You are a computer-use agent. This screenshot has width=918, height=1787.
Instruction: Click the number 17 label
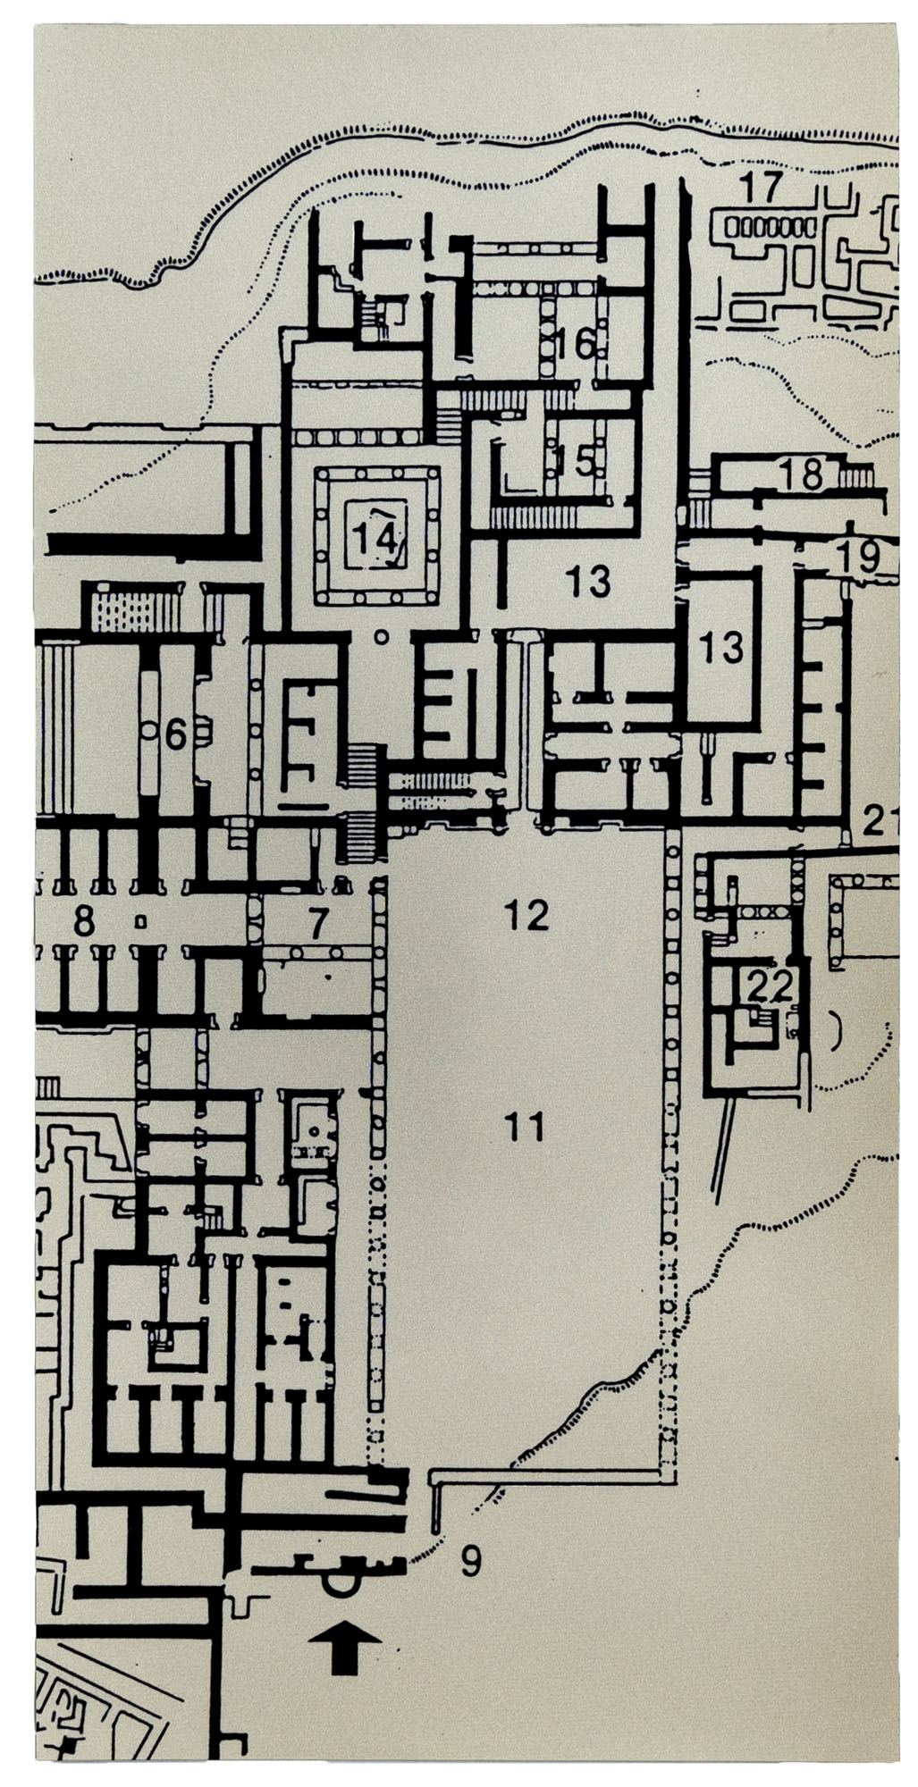(761, 188)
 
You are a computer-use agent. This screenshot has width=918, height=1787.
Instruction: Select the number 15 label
(573, 461)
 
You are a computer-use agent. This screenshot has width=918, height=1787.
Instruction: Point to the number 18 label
(800, 474)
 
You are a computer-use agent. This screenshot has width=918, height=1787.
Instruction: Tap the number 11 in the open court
(524, 1128)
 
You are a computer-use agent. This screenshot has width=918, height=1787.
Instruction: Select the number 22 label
(771, 986)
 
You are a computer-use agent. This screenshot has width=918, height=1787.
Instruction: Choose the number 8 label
(83, 921)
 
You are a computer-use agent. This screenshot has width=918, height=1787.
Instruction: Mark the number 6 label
(175, 734)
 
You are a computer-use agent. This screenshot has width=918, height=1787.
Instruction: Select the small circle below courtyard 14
(382, 637)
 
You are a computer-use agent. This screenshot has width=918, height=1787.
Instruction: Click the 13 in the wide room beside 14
(588, 582)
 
